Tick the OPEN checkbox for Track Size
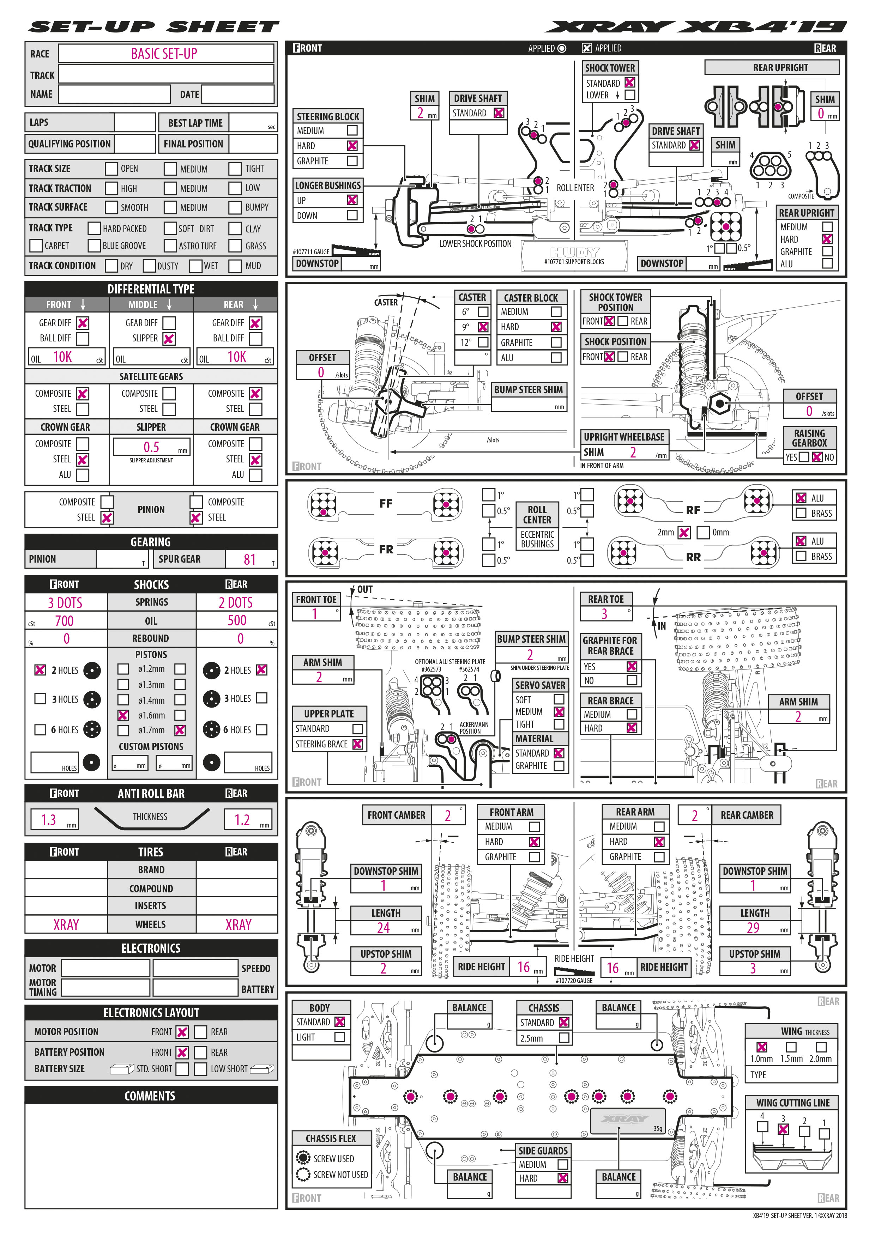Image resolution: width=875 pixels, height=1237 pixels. coord(111,169)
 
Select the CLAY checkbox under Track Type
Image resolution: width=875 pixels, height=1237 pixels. coord(235,229)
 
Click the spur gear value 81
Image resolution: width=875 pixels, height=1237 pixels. coord(249,559)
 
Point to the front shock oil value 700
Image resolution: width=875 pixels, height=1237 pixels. coord(64,621)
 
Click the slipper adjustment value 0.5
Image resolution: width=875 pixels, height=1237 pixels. coord(151,447)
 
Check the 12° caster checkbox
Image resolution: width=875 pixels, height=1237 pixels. coord(483,342)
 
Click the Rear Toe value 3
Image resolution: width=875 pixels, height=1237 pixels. coord(604,614)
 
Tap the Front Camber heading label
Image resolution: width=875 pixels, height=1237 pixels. coord(396,815)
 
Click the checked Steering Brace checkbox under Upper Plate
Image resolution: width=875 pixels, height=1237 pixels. coord(357,744)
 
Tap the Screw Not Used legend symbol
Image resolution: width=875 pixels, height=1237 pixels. coord(303,1174)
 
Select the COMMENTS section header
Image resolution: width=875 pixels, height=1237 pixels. coord(150,1096)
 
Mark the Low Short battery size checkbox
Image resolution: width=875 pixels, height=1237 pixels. coord(200,1069)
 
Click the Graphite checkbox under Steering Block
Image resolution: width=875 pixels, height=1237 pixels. coord(352,160)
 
